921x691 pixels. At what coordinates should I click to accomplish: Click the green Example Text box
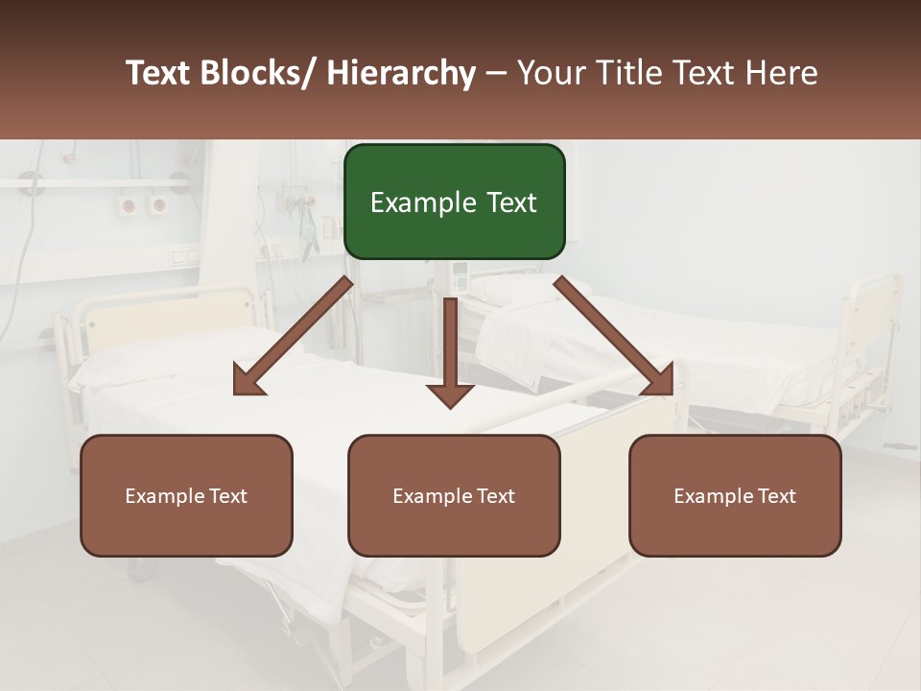(454, 202)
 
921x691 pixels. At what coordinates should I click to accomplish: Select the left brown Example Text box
(186, 495)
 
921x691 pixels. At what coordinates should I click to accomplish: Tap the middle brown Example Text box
(454, 495)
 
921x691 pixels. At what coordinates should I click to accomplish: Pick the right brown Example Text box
(735, 495)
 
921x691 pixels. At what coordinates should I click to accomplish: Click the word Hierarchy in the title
(401, 73)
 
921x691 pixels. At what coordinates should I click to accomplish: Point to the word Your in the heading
(551, 73)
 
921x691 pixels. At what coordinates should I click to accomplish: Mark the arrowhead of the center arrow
(450, 393)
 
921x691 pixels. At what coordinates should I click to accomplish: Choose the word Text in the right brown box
(776, 495)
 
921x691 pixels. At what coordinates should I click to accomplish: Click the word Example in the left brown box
(164, 496)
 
